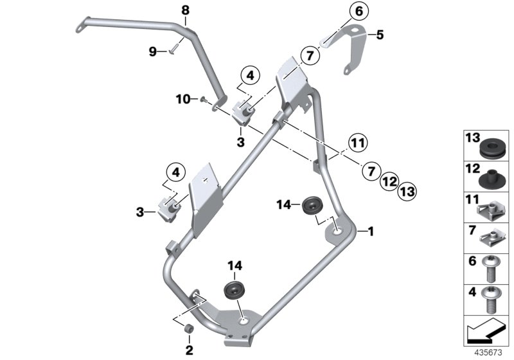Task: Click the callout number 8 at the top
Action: click(186, 10)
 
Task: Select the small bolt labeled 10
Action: click(203, 99)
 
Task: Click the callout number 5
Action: click(379, 35)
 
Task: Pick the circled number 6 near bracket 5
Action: click(359, 11)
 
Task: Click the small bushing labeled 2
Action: click(190, 330)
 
